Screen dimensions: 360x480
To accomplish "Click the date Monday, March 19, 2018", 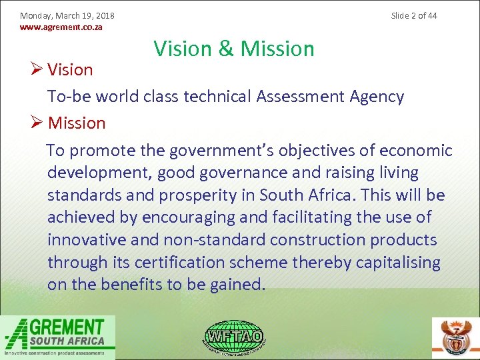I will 67,15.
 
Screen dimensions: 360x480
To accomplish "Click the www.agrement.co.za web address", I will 61,27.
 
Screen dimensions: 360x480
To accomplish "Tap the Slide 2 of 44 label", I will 414,15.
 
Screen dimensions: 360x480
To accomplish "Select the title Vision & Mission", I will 234,49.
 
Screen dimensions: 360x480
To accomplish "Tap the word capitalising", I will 398,262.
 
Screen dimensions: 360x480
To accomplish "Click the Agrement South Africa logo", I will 58,337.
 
